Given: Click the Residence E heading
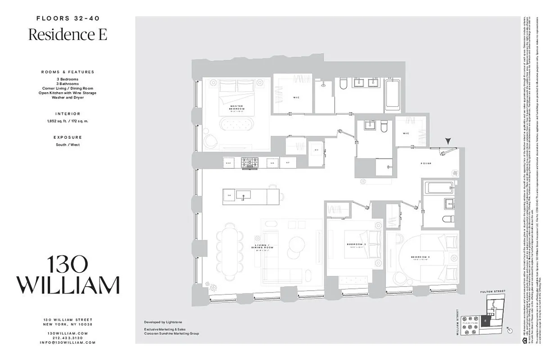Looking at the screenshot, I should click(x=68, y=35).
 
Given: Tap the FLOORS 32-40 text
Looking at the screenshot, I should click(x=68, y=18).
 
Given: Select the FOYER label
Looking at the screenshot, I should click(x=426, y=163).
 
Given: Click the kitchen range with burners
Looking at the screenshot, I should click(x=249, y=162).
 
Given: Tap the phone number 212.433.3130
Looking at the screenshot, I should click(x=68, y=338).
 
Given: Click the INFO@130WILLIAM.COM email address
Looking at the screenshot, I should click(x=68, y=342).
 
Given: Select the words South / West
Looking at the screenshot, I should click(x=68, y=145).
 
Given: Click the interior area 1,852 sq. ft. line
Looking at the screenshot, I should click(x=68, y=121).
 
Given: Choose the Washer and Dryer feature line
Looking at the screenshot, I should click(x=68, y=97).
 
